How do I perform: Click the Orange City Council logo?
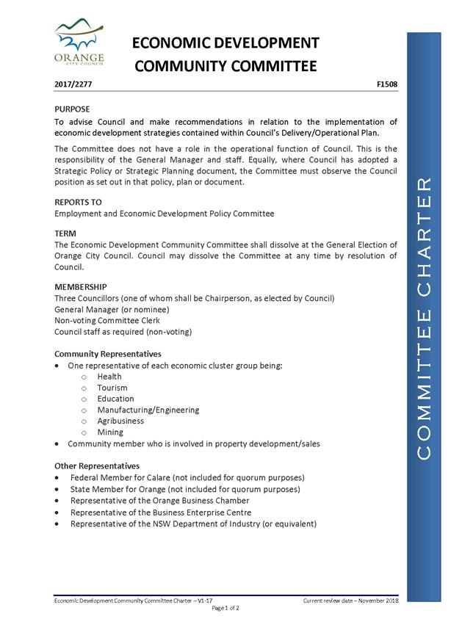pos(79,43)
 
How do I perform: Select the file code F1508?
pos(386,85)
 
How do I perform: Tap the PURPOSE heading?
pos(73,109)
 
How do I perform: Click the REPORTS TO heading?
pos(78,202)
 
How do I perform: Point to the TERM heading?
pos(66,233)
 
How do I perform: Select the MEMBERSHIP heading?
pos(81,286)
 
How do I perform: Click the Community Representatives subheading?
pos(108,354)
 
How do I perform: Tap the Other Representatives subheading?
pos(97,465)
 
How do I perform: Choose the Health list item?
pos(109,377)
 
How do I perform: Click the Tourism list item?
pos(112,388)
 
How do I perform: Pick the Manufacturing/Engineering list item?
pos(148,410)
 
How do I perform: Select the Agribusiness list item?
pos(120,421)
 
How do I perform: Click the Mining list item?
pos(110,432)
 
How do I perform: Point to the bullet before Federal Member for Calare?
pos(58,478)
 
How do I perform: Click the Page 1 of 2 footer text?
pos(225,609)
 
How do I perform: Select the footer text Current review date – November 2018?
pos(350,601)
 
